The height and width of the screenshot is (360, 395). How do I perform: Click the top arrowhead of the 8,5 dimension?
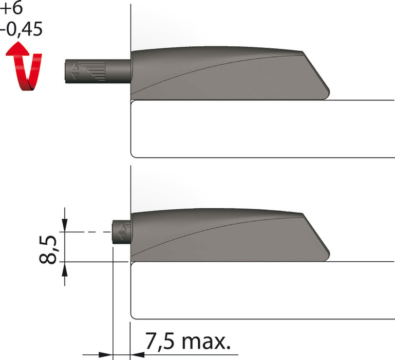(x=64, y=226)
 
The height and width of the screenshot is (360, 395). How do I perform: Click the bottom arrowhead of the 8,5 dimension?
(x=64, y=268)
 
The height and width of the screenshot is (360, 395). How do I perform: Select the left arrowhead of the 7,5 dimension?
(x=107, y=355)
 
